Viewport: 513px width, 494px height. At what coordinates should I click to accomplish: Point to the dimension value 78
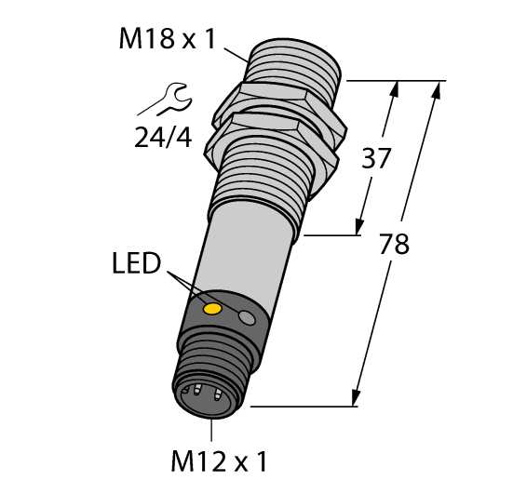coord(396,244)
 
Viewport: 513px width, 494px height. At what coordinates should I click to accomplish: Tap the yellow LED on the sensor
coord(213,308)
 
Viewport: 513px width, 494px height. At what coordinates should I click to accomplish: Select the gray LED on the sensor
coord(248,318)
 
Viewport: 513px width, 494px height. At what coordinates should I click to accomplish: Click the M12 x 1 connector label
coord(222,460)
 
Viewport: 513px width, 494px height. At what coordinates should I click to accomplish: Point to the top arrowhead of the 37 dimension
coord(397,87)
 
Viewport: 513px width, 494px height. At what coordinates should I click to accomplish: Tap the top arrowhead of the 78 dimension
coord(438,88)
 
